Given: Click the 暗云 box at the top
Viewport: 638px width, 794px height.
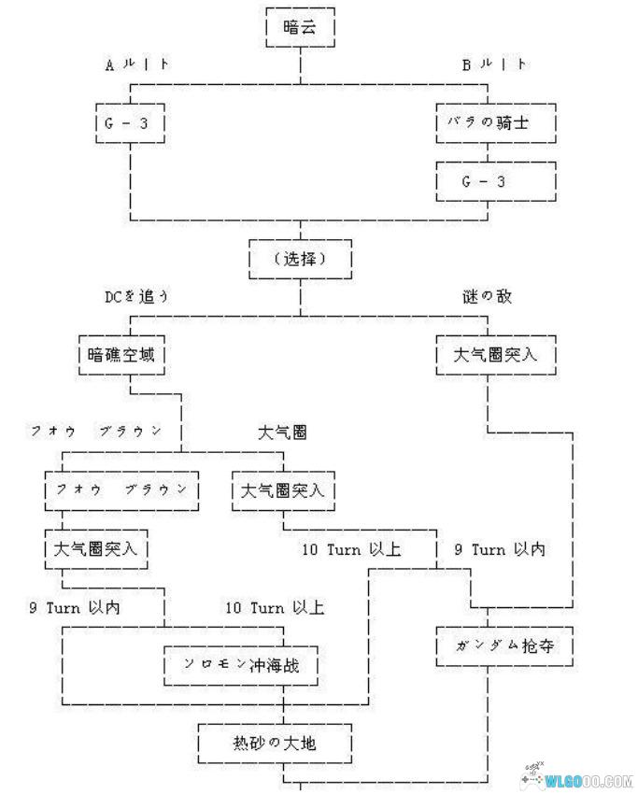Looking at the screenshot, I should pyautogui.click(x=300, y=28).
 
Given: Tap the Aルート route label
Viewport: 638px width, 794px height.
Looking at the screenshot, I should pyautogui.click(x=137, y=65).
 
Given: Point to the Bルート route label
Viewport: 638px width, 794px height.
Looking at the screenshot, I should pyautogui.click(x=494, y=65).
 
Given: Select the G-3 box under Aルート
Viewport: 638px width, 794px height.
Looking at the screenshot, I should pyautogui.click(x=130, y=121).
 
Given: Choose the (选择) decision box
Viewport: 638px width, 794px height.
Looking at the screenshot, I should pyautogui.click(x=300, y=259).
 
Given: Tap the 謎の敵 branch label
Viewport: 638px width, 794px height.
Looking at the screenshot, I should pyautogui.click(x=488, y=296).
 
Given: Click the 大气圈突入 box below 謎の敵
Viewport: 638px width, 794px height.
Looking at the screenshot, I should pyautogui.click(x=495, y=355).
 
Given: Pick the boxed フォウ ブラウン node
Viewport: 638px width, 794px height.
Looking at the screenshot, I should pyautogui.click(x=121, y=489).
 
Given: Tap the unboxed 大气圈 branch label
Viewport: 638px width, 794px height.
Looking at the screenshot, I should pyautogui.click(x=282, y=432).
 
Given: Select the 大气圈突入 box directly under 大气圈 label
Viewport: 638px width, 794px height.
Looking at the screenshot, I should pyautogui.click(x=284, y=489).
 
